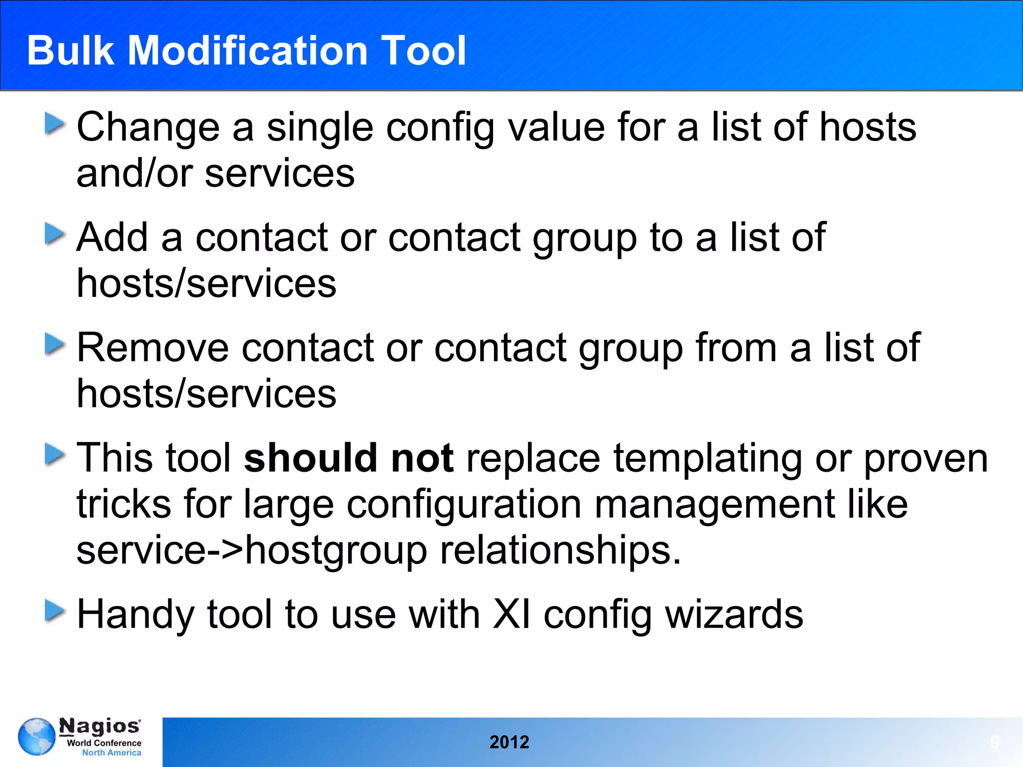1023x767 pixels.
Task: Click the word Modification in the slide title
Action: pos(248,50)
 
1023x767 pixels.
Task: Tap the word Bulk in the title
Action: pos(70,50)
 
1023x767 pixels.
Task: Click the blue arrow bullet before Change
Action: pos(54,123)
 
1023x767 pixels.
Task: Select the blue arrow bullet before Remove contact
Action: pos(54,344)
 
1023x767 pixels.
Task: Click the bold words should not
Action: pos(348,458)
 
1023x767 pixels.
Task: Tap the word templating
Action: pos(707,459)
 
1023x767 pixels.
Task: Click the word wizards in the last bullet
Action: pos(734,614)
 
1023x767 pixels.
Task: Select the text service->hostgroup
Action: pos(252,550)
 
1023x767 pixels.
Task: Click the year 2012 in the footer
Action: pos(509,742)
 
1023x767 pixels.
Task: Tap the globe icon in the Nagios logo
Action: pos(36,737)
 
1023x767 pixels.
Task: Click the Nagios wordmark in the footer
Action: pos(100,726)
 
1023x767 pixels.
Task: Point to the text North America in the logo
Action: pos(111,753)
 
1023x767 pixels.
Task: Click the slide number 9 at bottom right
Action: pos(995,742)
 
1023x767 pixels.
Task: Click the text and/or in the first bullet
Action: pos(134,173)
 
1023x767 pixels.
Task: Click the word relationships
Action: pos(560,550)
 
